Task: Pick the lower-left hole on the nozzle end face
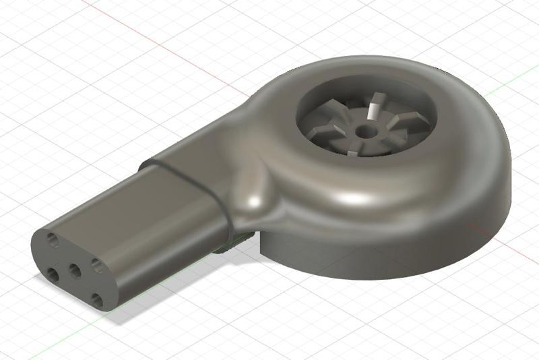click(x=52, y=274)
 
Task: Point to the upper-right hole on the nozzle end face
click(x=98, y=264)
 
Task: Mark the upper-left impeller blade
click(x=337, y=108)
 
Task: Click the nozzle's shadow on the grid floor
click(x=168, y=283)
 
